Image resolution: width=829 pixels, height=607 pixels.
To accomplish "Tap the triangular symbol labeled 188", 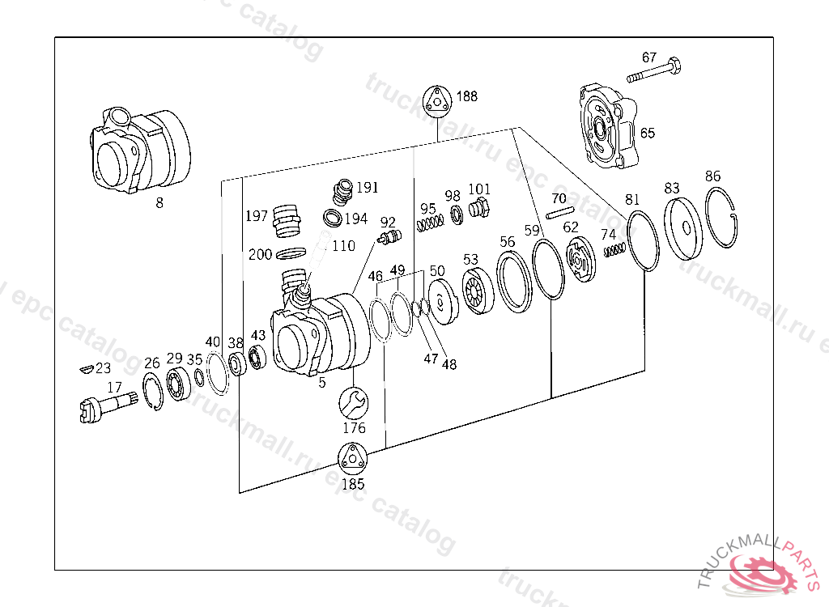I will click(x=437, y=101).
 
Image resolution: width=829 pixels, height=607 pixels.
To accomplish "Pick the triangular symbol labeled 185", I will click(x=352, y=460).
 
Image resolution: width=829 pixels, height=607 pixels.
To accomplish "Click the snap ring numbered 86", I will click(x=725, y=218).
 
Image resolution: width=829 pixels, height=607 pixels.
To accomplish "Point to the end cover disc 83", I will click(x=682, y=226).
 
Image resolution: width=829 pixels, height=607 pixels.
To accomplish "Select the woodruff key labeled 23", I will click(x=84, y=370).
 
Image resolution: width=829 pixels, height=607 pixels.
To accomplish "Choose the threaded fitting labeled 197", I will click(x=286, y=219).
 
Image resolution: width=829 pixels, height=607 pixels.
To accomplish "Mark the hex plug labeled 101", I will click(x=478, y=209).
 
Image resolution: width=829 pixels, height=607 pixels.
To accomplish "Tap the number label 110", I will click(x=344, y=246).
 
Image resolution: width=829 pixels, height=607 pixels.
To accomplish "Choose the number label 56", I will click(x=507, y=241).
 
